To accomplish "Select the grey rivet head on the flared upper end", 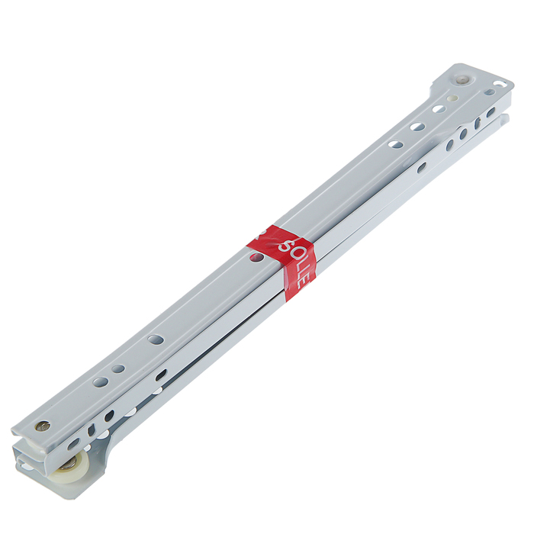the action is point(462,79).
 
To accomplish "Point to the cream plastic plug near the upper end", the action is point(452,98).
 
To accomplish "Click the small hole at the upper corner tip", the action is point(499,83).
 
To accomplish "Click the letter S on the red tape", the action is point(285,246).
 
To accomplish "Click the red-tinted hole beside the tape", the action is point(257,257).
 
